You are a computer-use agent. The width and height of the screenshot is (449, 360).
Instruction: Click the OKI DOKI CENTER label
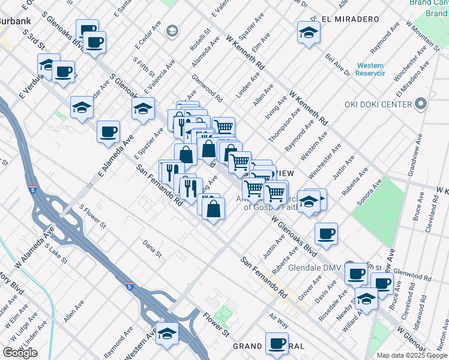[378, 104]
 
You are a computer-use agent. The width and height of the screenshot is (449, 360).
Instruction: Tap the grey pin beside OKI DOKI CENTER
[421, 104]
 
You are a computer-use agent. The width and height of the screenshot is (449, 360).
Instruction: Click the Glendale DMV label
[315, 268]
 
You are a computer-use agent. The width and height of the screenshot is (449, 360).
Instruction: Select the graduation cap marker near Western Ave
[166, 334]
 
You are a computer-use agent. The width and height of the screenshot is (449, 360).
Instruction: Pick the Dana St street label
[152, 248]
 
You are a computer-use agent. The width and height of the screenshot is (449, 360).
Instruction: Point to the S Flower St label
[93, 217]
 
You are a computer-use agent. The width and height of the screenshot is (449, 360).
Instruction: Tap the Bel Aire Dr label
[337, 65]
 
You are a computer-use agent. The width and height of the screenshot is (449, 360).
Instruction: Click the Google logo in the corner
[20, 353]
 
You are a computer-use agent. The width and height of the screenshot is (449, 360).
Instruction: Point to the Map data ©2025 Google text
[412, 355]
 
